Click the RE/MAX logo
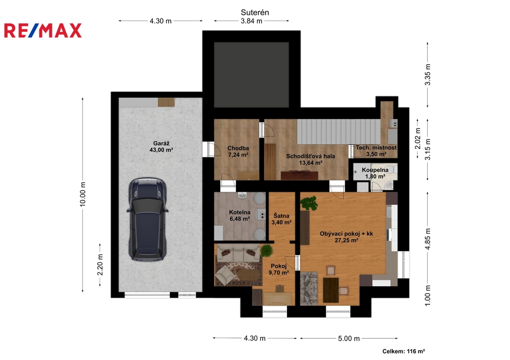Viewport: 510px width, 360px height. pos(43,30)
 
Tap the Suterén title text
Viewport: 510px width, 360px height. pos(255,12)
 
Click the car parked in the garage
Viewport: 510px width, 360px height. pos(147,219)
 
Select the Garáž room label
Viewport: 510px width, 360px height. pos(161,146)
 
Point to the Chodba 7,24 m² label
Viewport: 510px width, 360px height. pos(238,151)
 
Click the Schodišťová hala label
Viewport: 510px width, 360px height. pos(310,159)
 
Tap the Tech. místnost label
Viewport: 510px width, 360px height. pos(376,150)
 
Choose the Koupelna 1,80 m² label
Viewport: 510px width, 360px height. pos(375,173)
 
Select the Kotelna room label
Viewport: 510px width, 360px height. pos(240,215)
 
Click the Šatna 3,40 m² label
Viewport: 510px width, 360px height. pos(281,219)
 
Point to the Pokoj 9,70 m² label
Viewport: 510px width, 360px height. pos(279,269)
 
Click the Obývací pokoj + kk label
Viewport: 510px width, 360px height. pos(347,237)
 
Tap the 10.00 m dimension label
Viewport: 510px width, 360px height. pos(83,194)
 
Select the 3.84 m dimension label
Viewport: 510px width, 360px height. pos(252,21)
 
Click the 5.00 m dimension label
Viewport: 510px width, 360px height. pos(349,339)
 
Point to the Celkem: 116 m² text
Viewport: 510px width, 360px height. pos(403,351)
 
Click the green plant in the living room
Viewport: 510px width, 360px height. pos(309,203)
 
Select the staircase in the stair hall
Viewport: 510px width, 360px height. pos(339,131)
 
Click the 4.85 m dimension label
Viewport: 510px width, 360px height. pos(428,239)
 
